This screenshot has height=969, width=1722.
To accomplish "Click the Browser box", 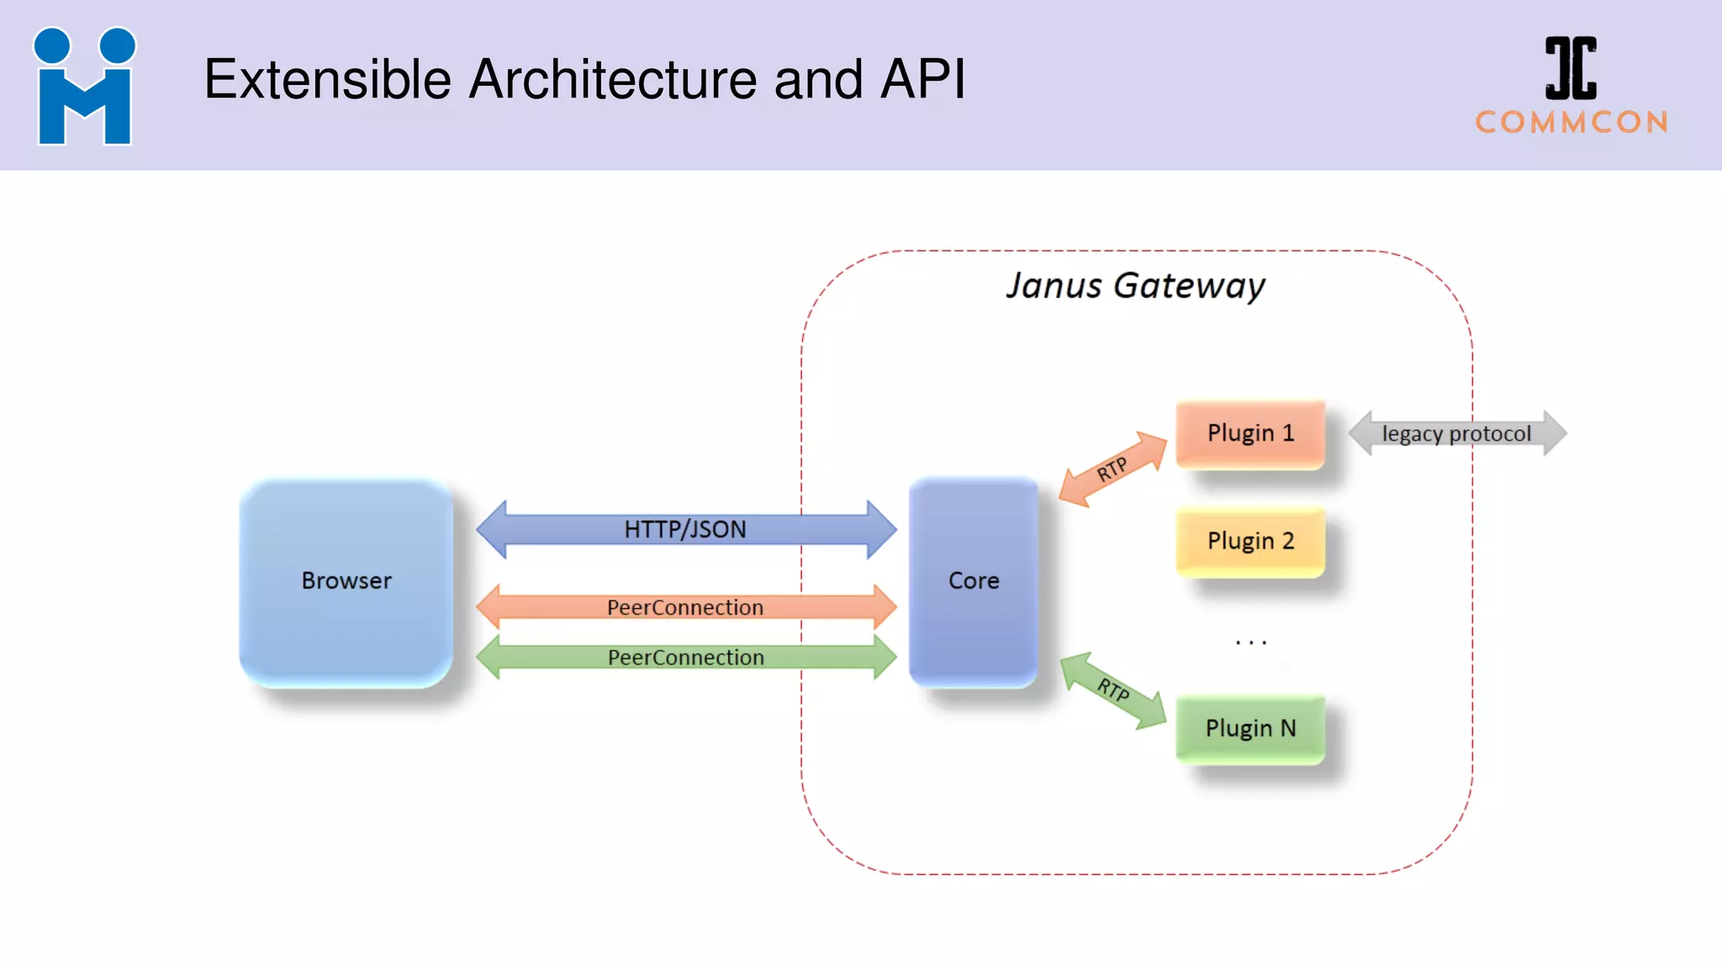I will (x=346, y=581).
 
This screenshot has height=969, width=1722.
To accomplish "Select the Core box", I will (x=974, y=581).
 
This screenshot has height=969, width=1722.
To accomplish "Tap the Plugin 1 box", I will (x=1250, y=433).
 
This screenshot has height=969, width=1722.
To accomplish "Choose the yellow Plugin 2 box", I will (x=1250, y=541).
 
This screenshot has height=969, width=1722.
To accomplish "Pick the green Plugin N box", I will (x=1250, y=728).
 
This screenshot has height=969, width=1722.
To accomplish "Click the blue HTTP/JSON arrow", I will (x=685, y=529).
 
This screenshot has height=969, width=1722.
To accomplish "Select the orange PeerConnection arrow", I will (x=685, y=607).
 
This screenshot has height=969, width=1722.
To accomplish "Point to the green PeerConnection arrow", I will (x=685, y=657).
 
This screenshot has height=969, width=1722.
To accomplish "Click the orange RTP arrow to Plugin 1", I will (x=1112, y=469).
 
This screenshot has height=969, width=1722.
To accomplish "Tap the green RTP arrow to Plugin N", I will (x=1112, y=690).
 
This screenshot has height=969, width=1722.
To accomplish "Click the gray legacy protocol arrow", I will (x=1456, y=434).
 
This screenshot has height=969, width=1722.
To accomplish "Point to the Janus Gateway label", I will (x=1135, y=286).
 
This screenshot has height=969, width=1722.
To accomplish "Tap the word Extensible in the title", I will (x=328, y=80).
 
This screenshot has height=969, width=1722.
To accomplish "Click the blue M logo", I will (x=84, y=87).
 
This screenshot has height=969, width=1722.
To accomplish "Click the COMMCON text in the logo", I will (x=1571, y=123).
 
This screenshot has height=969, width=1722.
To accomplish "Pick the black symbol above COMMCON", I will (x=1571, y=68).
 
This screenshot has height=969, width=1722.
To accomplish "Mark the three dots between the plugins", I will (x=1250, y=643).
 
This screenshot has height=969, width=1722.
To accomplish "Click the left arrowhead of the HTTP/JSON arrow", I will (x=493, y=529).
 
